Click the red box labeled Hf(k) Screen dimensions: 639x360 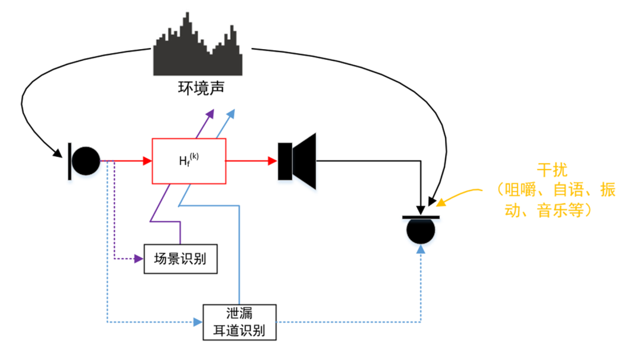tap(189, 161)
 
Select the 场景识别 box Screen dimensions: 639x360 tap(180, 259)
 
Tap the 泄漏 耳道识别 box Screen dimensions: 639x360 tap(240, 322)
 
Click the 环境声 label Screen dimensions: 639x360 tap(201, 88)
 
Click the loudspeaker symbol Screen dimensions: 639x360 tap(297, 161)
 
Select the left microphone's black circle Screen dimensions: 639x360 tap(86, 161)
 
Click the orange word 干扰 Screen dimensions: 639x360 tap(552, 170)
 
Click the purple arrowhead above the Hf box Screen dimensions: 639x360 tap(210, 114)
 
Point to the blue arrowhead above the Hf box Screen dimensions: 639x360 tap(231, 114)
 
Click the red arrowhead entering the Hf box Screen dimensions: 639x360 tap(147, 161)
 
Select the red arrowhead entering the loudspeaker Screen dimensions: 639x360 tap(273, 161)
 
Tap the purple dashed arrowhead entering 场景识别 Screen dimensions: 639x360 tap(139, 259)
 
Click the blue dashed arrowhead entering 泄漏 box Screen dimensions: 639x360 tap(198, 322)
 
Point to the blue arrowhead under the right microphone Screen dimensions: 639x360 tap(421, 249)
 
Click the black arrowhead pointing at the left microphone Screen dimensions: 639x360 tap(57, 153)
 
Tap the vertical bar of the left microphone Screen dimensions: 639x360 tap(70, 161)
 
